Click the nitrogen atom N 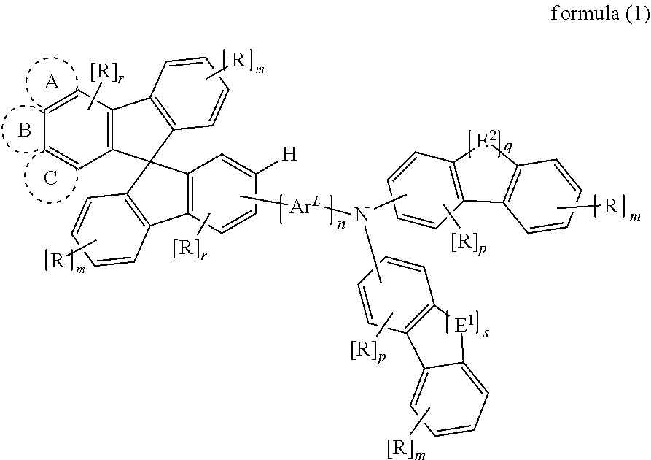(x=362, y=215)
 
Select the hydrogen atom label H (x=289, y=154)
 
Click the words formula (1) (x=599, y=14)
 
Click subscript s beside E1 (x=485, y=334)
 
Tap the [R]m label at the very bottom (x=407, y=449)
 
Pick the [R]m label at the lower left (x=65, y=261)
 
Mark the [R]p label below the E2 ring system (x=468, y=244)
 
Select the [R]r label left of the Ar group (x=190, y=249)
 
